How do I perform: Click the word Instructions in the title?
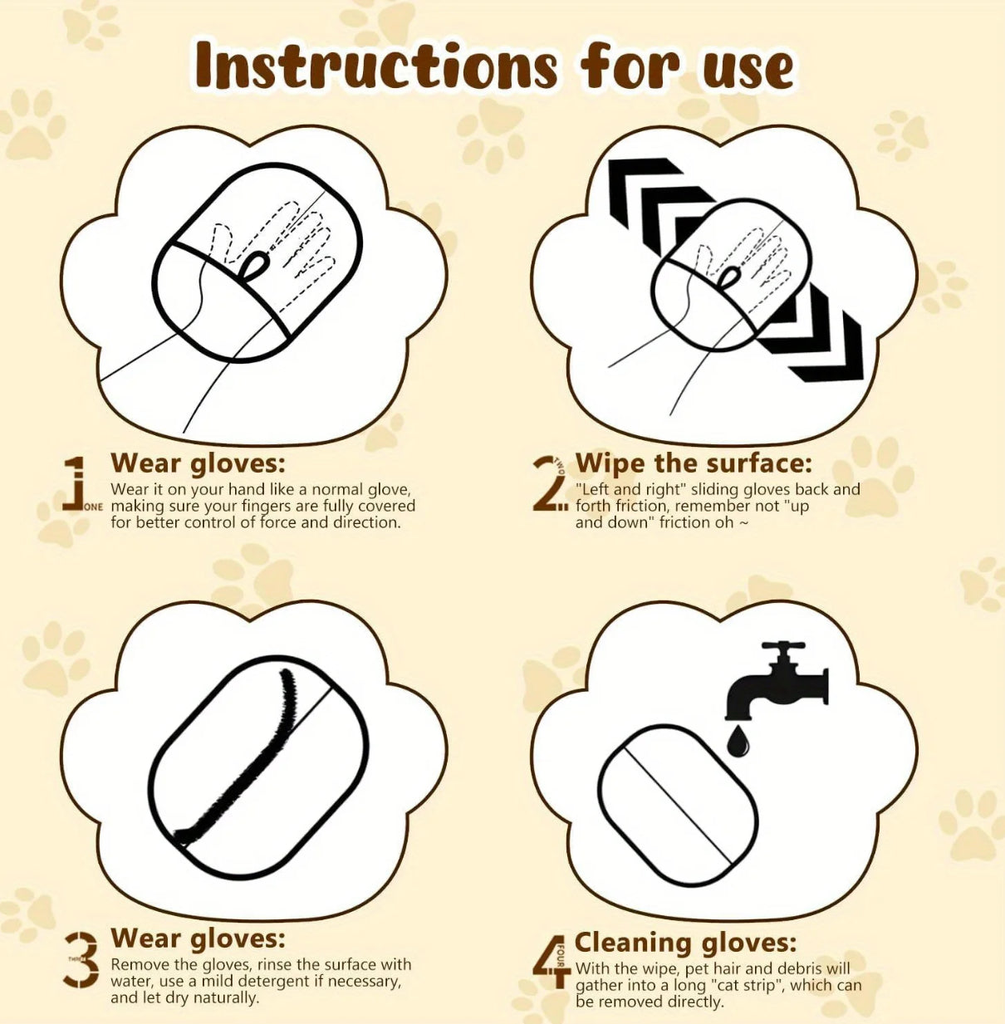click(x=375, y=66)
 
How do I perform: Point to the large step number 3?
click(x=81, y=959)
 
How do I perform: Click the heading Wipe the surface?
click(x=694, y=463)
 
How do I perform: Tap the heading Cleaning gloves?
click(x=685, y=942)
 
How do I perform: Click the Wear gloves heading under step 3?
click(x=198, y=938)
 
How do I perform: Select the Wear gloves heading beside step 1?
click(x=198, y=462)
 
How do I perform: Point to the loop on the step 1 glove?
click(x=253, y=266)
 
